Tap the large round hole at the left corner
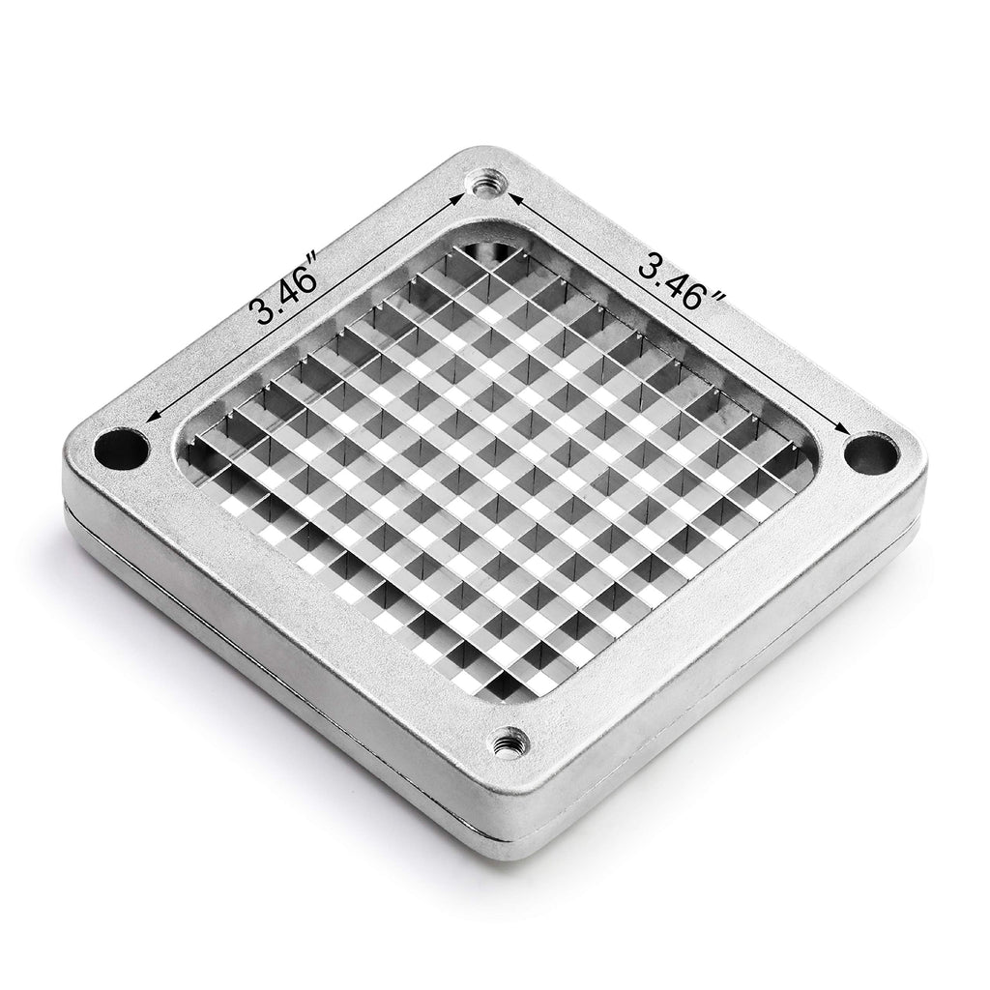(x=121, y=449)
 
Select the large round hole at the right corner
(x=871, y=452)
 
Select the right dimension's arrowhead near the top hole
(x=514, y=200)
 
